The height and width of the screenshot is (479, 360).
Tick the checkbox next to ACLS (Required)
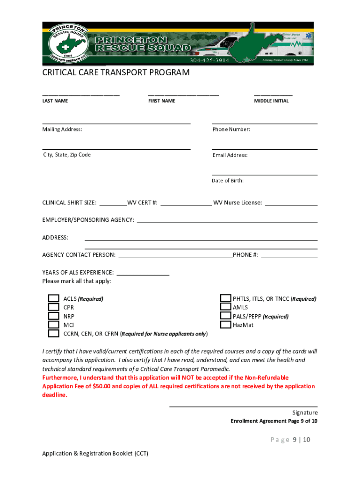pos(54,298)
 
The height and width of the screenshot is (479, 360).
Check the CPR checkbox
pos(54,307)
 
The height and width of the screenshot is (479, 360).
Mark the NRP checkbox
pos(54,316)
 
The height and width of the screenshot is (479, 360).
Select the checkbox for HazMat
pos(226,325)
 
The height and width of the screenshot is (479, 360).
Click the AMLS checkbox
pos(226,307)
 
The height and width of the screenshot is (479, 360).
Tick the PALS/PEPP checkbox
pos(226,316)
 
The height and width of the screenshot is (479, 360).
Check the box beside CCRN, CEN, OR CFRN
pos(54,334)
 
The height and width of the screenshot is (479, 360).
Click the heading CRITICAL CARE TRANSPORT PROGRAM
pos(116,73)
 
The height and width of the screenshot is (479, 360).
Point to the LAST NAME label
pos(55,101)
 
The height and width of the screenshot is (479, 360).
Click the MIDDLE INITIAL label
pos(271,101)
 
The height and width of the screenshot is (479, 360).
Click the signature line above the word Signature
pos(243,406)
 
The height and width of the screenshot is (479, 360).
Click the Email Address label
pos(230,155)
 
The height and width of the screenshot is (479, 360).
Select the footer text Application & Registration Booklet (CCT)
pos(95,453)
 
